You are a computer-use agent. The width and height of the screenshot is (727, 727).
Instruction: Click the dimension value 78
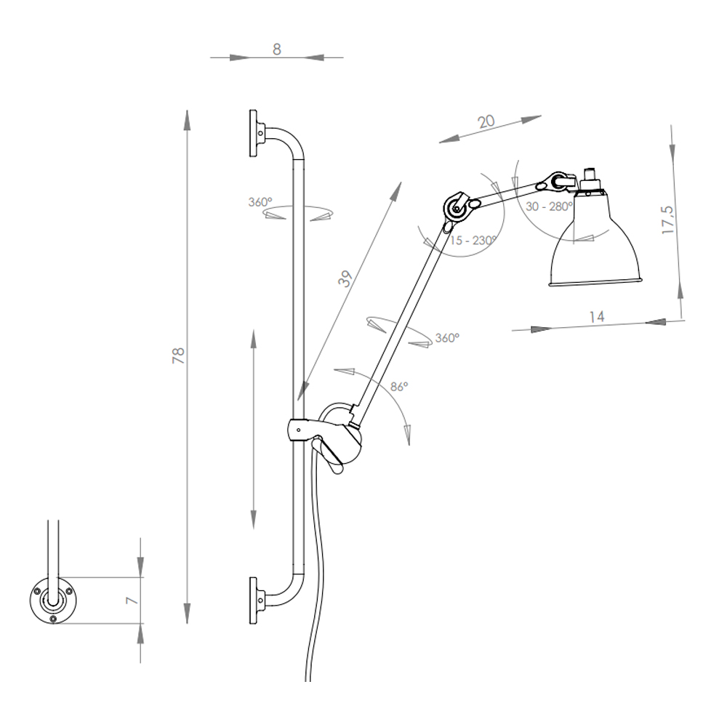[x=179, y=356]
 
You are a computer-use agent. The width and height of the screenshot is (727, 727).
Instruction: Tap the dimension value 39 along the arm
[x=345, y=278]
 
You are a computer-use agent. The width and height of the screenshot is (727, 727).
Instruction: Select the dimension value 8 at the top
[x=277, y=49]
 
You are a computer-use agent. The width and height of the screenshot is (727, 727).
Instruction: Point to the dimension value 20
[x=486, y=121]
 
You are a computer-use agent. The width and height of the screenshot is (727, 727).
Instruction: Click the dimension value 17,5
[x=668, y=220]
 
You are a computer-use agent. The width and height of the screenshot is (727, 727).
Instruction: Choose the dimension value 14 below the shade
[x=597, y=317]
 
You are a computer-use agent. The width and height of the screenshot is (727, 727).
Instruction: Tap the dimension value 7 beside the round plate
[x=132, y=601]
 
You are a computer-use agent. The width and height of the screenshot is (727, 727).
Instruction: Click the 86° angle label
[x=399, y=386]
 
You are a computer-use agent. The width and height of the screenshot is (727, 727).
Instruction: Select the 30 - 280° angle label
[x=550, y=206]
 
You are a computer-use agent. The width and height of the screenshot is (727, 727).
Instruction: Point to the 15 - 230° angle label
[x=473, y=240]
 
